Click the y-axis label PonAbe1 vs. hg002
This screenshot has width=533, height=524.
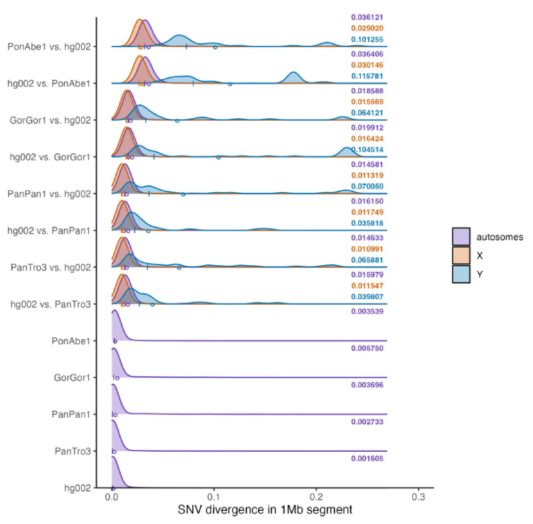48,47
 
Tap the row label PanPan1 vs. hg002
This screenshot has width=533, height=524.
49,194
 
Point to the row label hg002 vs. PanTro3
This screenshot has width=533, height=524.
49,304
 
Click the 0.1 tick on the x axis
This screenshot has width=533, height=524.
214,498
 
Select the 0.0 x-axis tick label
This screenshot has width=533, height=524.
112,498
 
